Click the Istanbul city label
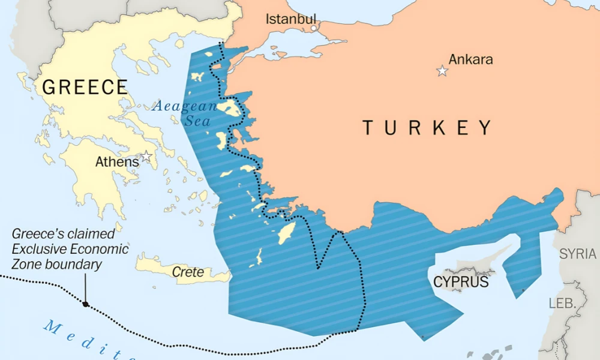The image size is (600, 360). [290, 19]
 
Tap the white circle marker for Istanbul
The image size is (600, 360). [313, 28]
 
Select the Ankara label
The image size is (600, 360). [470, 59]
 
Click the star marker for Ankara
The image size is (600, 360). [442, 71]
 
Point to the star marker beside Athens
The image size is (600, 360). [146, 158]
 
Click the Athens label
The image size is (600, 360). [117, 161]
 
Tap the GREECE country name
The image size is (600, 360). [85, 87]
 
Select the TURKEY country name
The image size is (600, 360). [427, 128]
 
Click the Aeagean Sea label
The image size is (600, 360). [184, 107]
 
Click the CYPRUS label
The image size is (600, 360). [461, 281]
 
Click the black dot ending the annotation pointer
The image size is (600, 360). [86, 304]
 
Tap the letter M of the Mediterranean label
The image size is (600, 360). [52, 326]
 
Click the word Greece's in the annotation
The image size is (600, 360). [35, 234]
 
